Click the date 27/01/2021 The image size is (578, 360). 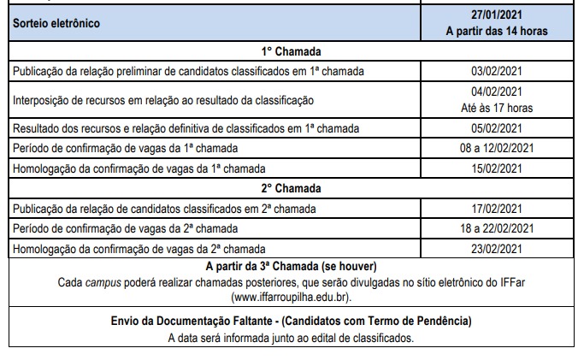[x=497, y=15]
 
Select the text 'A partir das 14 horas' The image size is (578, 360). [x=497, y=31]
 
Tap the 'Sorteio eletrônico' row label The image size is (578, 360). [x=56, y=23]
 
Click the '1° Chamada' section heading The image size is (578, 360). [x=292, y=50]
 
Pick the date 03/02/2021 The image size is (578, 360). [x=497, y=72]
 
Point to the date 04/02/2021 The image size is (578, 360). [x=497, y=92]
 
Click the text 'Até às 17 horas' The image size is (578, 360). [x=497, y=108]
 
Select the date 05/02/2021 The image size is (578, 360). [x=497, y=129]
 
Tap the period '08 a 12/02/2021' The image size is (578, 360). [x=497, y=149]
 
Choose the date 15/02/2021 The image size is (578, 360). [x=497, y=168]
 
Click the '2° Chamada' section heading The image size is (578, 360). [x=292, y=188]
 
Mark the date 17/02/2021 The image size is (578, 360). [x=497, y=210]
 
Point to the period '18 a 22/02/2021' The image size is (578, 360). [x=497, y=229]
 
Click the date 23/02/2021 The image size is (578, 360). [x=497, y=249]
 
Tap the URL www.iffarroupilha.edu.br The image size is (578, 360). [x=292, y=298]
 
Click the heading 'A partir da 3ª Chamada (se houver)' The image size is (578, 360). [x=292, y=267]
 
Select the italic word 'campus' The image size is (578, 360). [x=102, y=282]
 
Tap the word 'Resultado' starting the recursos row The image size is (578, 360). [x=36, y=129]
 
